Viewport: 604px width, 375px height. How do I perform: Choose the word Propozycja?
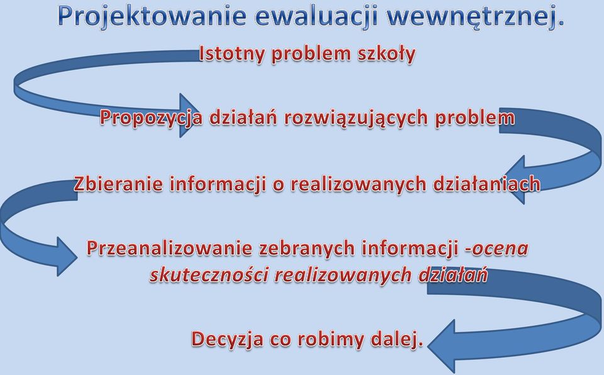[151, 117]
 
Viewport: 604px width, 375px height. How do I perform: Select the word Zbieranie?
[118, 183]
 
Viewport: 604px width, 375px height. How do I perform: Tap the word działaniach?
[486, 183]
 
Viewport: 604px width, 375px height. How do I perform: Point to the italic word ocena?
[500, 249]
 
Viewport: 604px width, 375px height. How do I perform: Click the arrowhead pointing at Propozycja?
[189, 115]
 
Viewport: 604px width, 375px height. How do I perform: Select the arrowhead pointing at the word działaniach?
[515, 180]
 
